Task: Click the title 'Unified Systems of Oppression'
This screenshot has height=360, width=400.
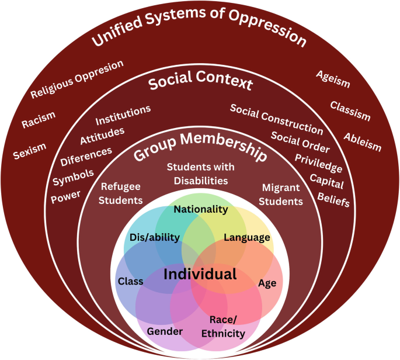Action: point(200,30)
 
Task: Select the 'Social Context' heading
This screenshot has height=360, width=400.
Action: point(200,83)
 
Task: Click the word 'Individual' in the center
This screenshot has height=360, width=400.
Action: point(200,274)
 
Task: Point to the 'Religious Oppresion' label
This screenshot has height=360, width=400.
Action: point(77,79)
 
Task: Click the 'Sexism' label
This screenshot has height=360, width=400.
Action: point(30,152)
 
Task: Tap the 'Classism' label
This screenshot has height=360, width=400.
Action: point(350,111)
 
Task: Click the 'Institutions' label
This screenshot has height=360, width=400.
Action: point(123,115)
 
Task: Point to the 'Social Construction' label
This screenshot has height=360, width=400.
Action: point(276,119)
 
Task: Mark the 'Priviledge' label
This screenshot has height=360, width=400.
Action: point(318,163)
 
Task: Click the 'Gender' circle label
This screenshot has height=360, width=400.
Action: point(165,331)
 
